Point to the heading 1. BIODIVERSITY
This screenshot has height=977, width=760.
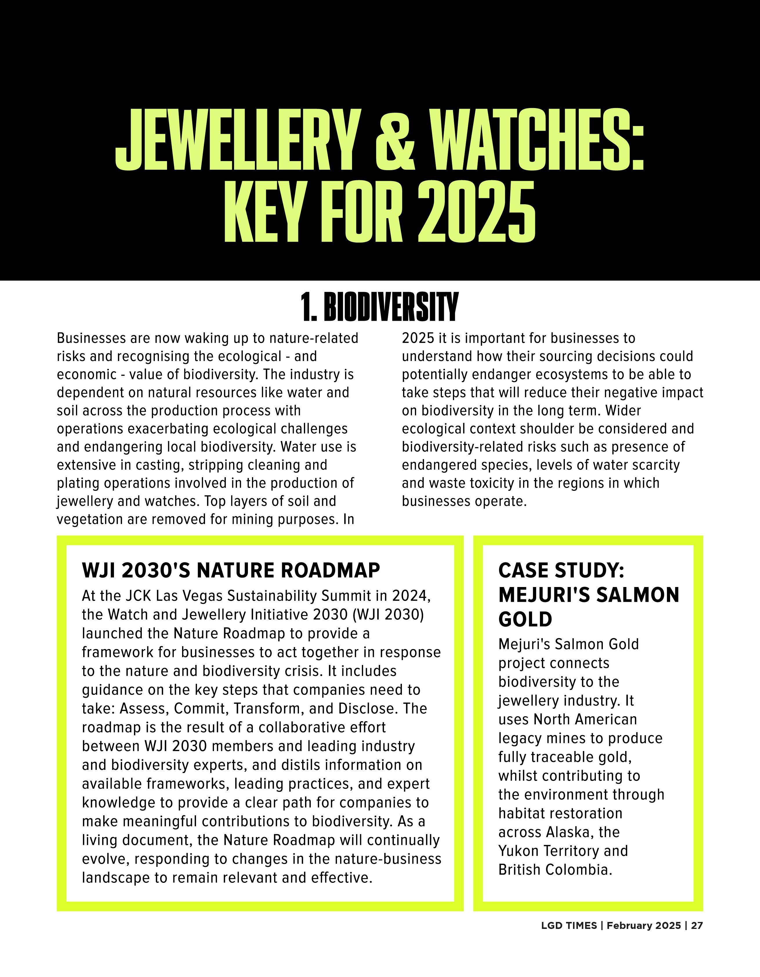pos(380,307)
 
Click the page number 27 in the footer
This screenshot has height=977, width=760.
pos(696,925)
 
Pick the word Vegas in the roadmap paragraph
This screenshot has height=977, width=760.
pos(201,596)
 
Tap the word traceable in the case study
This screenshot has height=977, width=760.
pos(561,757)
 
